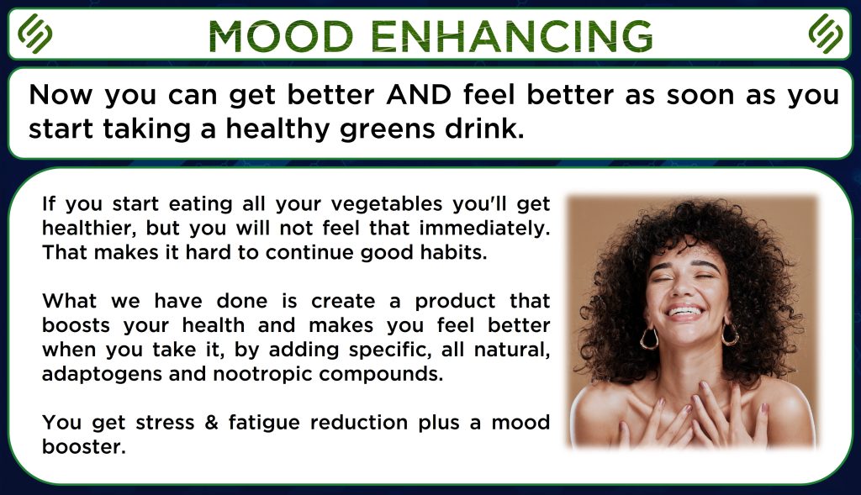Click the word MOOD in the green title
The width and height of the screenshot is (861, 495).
tap(281, 36)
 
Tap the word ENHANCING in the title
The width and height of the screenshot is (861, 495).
tap(512, 36)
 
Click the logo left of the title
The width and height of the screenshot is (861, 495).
tap(34, 34)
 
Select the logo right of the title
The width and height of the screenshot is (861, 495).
tap(826, 34)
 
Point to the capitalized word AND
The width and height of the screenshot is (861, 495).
tap(419, 94)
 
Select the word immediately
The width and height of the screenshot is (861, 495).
tap(484, 228)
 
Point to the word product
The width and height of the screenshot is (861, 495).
tap(455, 302)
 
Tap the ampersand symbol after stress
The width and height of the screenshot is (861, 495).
tap(211, 423)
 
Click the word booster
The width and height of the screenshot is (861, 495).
tap(84, 447)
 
